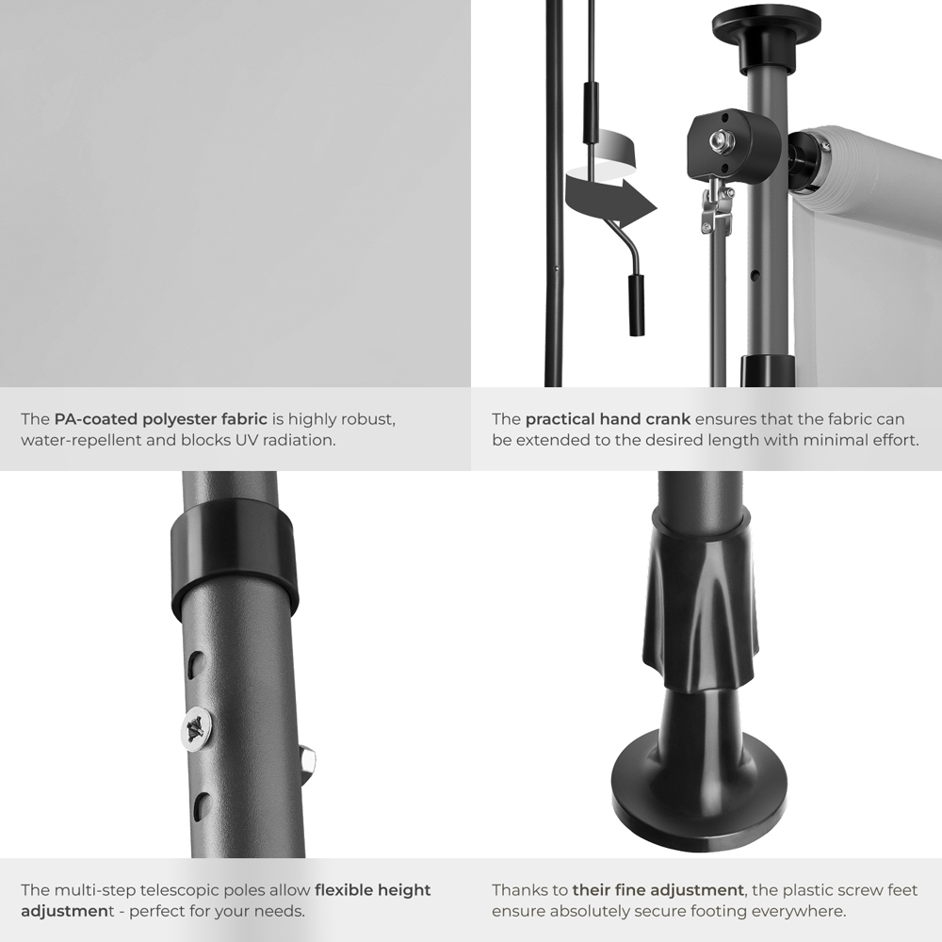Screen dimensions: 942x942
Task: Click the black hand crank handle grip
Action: click(636, 304)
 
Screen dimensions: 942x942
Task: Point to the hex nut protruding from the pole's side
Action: click(308, 762)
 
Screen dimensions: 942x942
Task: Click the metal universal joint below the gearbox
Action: click(717, 207)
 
